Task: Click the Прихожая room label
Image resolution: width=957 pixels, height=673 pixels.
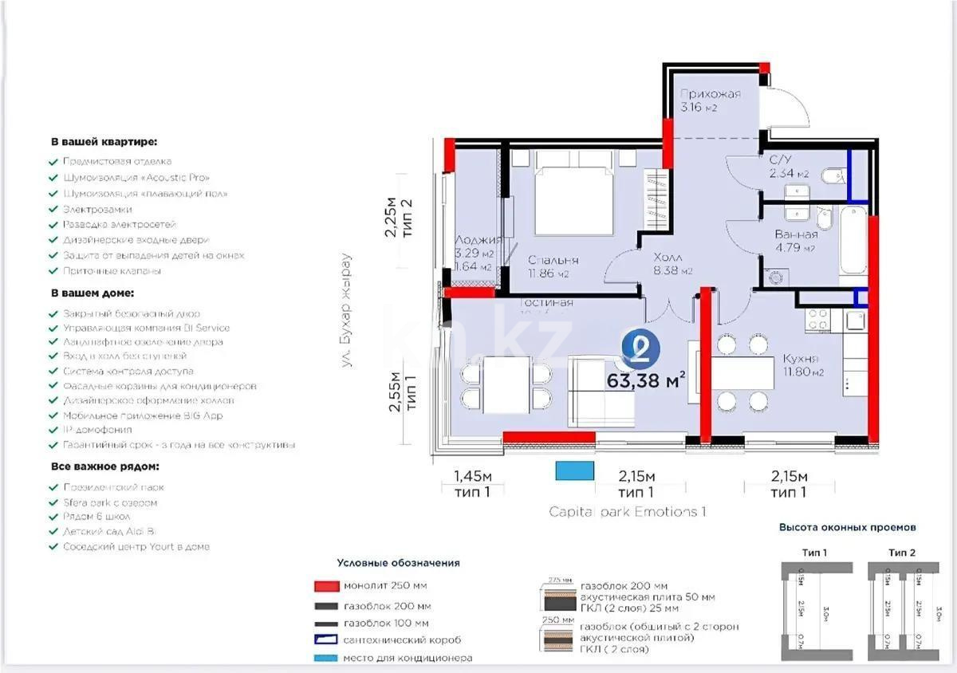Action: point(710,94)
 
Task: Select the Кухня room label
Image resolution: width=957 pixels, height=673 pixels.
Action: point(801,359)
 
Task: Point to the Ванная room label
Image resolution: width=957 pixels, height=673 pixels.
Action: point(795,234)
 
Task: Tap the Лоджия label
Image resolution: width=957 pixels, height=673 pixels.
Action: point(477,240)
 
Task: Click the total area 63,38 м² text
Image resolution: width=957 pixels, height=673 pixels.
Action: point(646,380)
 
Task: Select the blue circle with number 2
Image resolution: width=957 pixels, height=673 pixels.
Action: point(640,348)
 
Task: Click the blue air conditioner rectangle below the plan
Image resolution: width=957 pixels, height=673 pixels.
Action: point(575,470)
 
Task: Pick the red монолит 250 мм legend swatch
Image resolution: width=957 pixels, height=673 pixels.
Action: point(325,586)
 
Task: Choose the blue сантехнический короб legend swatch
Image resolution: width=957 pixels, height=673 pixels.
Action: point(325,640)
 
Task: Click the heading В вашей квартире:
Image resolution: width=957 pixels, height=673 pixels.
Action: point(104,142)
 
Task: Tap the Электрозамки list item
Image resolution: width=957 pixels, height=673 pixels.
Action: point(97,209)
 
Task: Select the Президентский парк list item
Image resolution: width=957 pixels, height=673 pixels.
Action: point(114,486)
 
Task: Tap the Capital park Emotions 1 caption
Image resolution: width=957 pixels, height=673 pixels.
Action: point(628,512)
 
